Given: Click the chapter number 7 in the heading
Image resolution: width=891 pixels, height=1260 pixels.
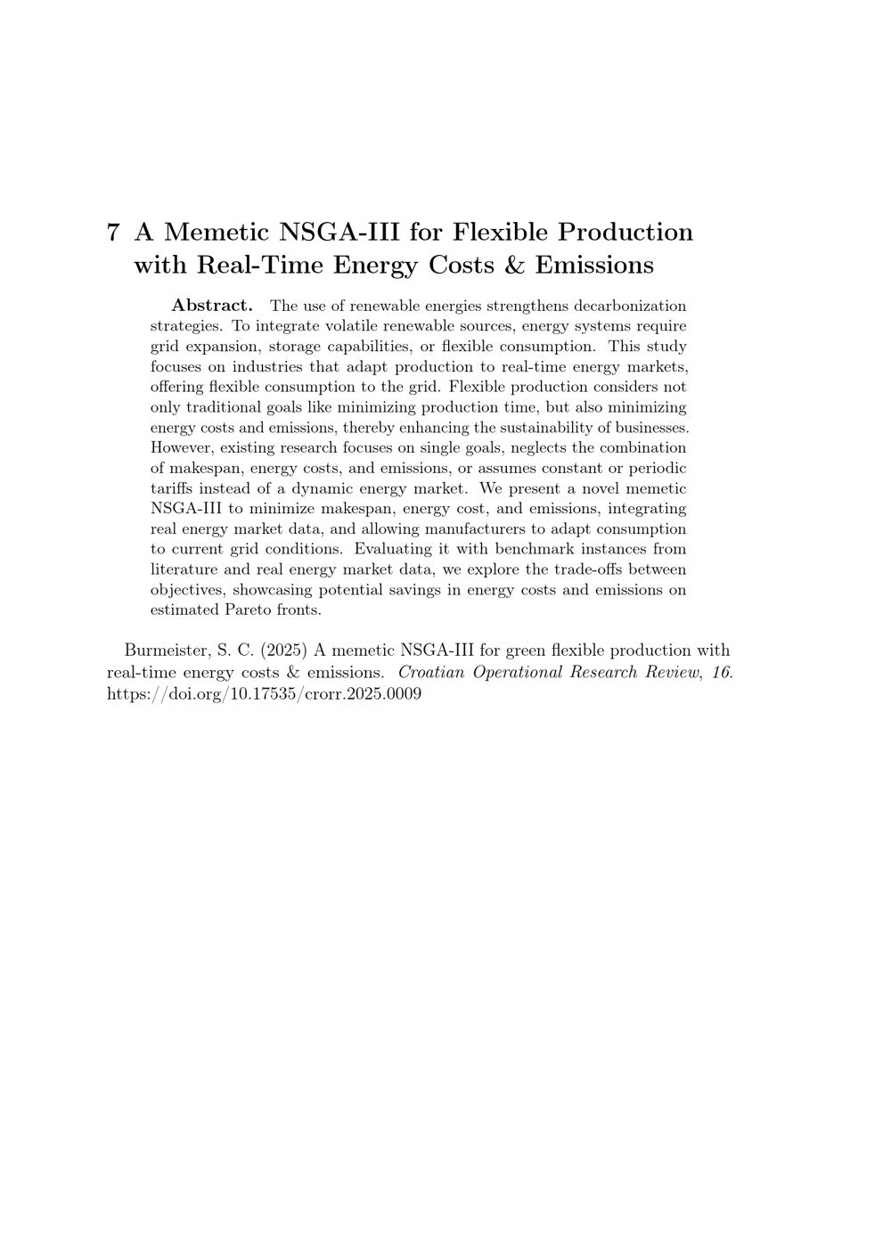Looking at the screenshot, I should [x=113, y=233].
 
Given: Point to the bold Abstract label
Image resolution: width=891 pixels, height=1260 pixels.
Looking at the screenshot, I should [x=212, y=306].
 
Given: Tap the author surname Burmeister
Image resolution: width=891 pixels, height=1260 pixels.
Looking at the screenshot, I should [x=166, y=650].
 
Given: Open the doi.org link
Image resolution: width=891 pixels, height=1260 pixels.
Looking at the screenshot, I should [x=264, y=693].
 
